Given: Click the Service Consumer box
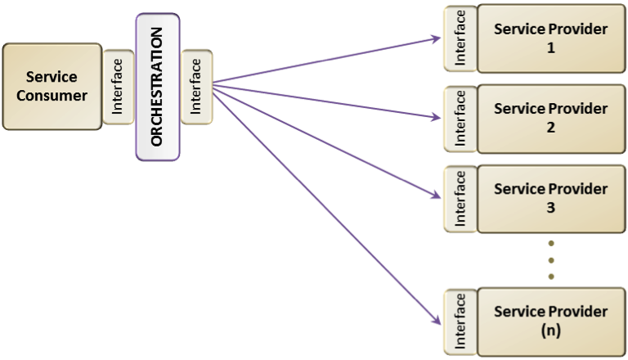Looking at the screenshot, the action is click(52, 87).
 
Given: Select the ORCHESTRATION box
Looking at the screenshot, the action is click(158, 87).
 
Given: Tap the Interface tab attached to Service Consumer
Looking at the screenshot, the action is click(118, 87).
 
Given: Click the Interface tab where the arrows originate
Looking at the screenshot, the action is click(196, 87).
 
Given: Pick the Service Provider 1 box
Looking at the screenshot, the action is click(551, 38).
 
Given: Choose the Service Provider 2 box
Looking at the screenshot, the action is click(551, 119).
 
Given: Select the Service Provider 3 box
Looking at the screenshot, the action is click(551, 199).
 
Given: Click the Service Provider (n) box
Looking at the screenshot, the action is click(551, 322).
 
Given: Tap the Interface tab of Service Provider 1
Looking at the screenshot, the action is click(460, 38).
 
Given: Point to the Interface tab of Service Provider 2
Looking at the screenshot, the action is click(460, 119).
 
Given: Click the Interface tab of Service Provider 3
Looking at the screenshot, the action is click(460, 199).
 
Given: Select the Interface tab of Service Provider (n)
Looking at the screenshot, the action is click(460, 322).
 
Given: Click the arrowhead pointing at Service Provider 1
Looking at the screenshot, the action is click(436, 39).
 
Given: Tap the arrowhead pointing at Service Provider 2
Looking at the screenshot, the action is click(436, 117).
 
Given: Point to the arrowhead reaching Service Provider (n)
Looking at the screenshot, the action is click(437, 320).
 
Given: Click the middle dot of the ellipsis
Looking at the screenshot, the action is click(551, 260).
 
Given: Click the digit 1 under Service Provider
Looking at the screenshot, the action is click(551, 48).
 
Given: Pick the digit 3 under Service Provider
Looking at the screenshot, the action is click(551, 208).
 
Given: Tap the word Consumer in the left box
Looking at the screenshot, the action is click(52, 96).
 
